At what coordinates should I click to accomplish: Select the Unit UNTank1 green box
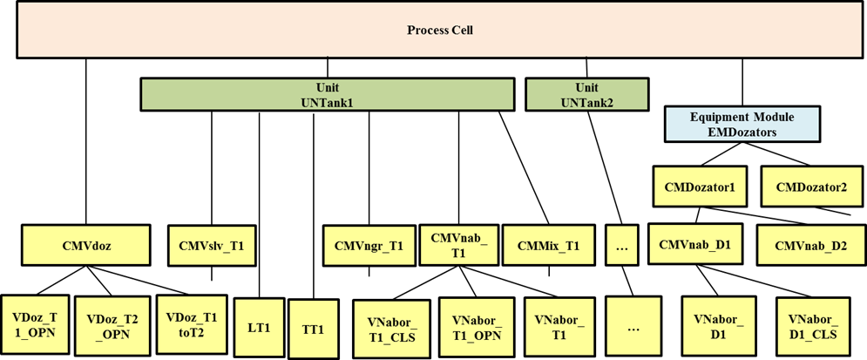327,95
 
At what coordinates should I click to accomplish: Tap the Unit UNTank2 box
587,95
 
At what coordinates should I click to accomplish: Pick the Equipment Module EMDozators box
742,125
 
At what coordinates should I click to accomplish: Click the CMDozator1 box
700,187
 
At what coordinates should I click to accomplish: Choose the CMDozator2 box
805,187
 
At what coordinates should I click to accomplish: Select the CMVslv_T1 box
211,246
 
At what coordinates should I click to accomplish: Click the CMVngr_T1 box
369,246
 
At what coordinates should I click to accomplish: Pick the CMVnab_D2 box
810,245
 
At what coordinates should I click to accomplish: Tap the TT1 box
313,329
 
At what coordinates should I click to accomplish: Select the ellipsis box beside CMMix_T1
622,246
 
